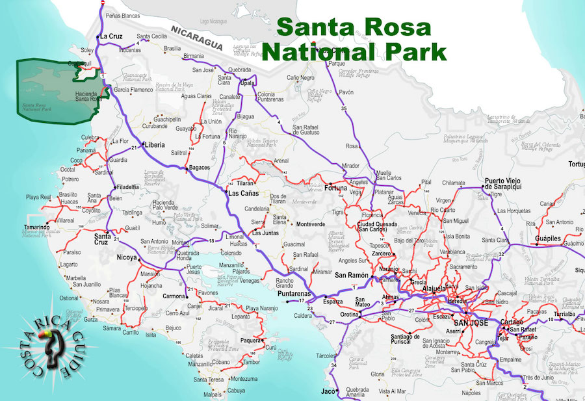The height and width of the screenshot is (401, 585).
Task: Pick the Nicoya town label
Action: click(x=126, y=257)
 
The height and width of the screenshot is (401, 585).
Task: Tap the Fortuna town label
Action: click(x=336, y=188)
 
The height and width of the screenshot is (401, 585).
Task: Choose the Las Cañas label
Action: click(x=242, y=193)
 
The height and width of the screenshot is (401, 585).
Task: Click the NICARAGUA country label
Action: click(x=195, y=37)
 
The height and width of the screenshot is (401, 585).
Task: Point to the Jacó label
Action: click(x=327, y=391)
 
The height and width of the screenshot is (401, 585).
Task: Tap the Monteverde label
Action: click(x=310, y=224)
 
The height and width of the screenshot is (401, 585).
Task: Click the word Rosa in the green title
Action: click(x=396, y=27)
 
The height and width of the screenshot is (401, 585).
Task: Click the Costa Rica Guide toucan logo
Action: click(x=49, y=344)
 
